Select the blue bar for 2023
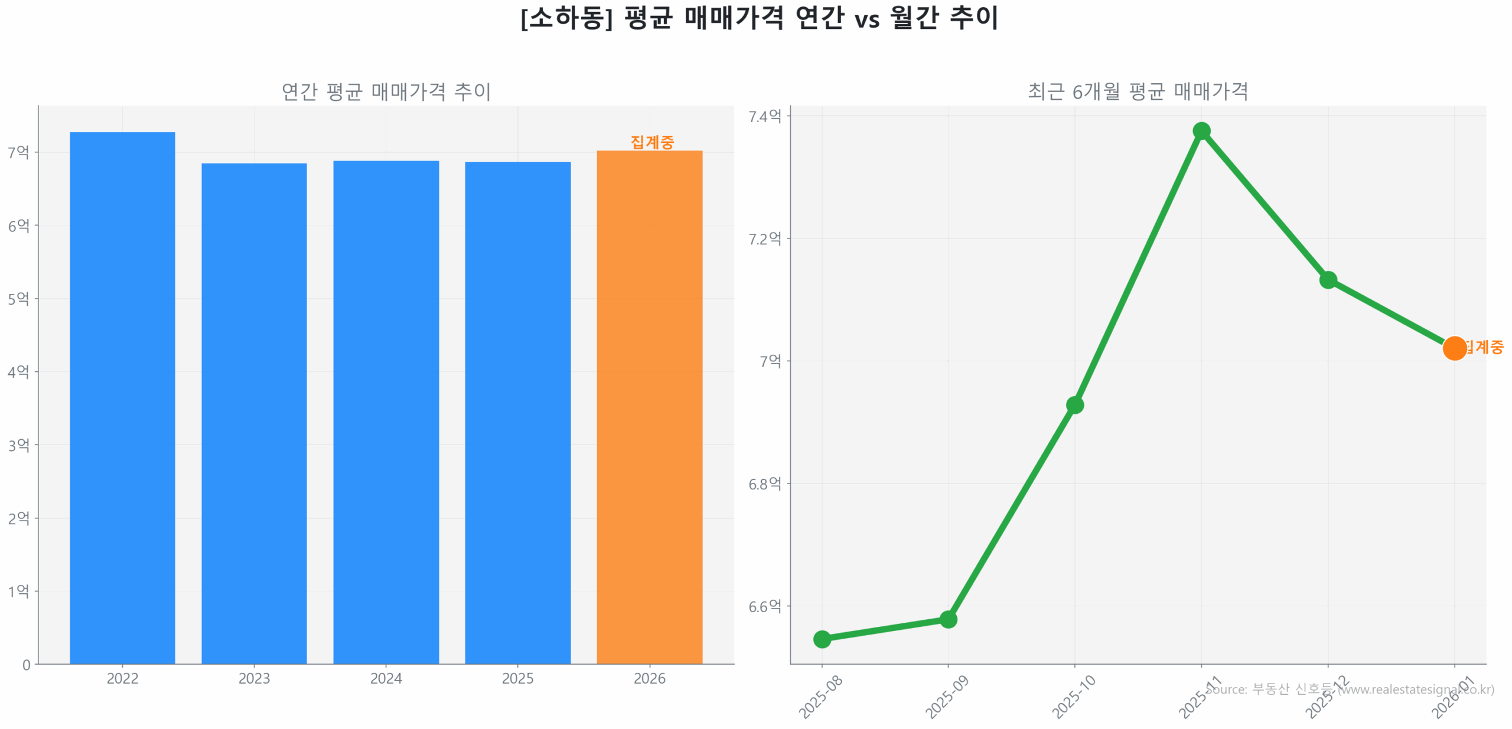254,413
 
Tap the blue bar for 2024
386,411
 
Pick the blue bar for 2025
517,412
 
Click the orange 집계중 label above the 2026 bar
651,142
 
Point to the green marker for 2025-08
822,639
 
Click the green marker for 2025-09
948,619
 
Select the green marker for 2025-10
1074,404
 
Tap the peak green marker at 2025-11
1201,130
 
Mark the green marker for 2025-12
1328,279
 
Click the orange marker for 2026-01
1454,348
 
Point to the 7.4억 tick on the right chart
765,116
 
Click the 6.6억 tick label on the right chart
765,606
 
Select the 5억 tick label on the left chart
18,299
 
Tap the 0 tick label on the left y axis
26,665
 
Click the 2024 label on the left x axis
386,678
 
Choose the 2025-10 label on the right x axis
1073,697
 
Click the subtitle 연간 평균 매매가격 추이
386,91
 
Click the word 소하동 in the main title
566,18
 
